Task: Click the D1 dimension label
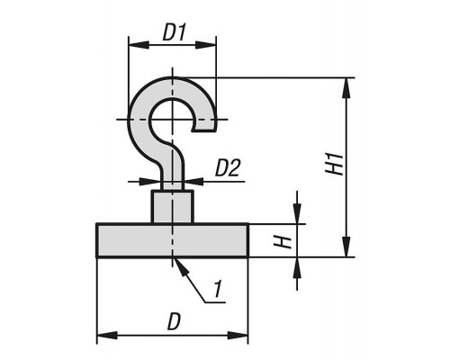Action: [x=175, y=32]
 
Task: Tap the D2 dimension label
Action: [x=228, y=168]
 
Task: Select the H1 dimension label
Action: [x=334, y=164]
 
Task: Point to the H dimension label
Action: [x=283, y=242]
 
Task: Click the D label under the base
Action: [x=175, y=321]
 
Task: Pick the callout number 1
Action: [x=218, y=290]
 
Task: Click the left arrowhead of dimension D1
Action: [x=139, y=45]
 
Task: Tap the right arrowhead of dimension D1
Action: [x=205, y=45]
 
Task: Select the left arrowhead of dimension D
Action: [x=107, y=335]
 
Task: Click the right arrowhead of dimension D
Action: [x=238, y=335]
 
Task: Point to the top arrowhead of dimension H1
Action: [x=346, y=88]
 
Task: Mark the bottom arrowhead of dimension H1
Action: [x=346, y=247]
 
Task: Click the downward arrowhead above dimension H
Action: [x=297, y=213]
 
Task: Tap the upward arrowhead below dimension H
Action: [x=297, y=267]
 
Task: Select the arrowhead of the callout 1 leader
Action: [x=182, y=267]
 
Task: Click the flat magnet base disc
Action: [x=173, y=240]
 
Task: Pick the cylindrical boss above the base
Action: [x=173, y=207]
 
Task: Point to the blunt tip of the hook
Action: [x=204, y=129]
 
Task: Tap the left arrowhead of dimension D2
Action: [x=150, y=182]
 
